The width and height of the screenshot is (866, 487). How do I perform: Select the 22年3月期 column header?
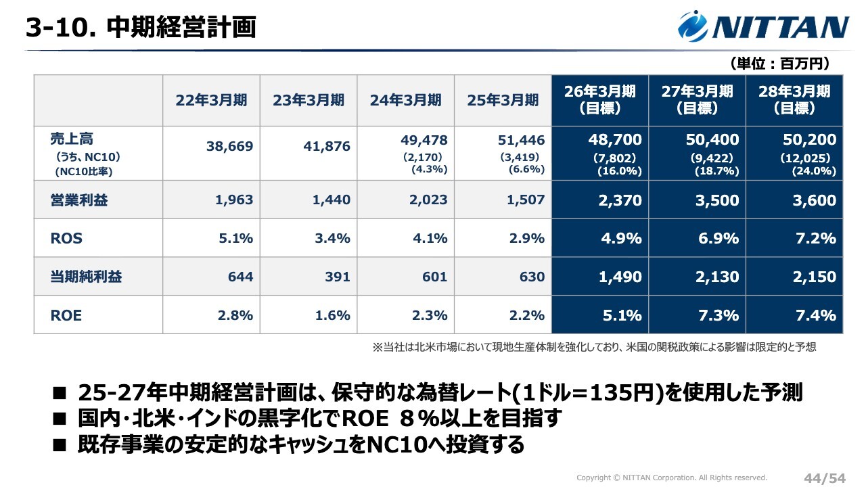(211, 100)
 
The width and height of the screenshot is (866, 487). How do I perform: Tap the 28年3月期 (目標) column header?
(794, 99)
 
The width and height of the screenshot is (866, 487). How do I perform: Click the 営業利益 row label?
(79, 200)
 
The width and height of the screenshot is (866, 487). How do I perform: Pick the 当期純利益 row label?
(86, 277)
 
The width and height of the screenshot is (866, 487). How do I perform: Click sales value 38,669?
(230, 146)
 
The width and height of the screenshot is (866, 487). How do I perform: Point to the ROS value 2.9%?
(528, 239)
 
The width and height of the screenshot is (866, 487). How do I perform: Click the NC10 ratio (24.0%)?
(814, 172)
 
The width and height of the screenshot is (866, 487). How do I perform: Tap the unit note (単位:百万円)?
(779, 64)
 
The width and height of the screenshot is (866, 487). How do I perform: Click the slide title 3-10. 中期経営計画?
(141, 27)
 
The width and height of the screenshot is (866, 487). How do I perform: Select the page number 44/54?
(825, 478)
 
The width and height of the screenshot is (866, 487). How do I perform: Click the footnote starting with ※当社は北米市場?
(594, 347)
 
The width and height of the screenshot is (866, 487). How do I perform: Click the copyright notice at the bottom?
(672, 478)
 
